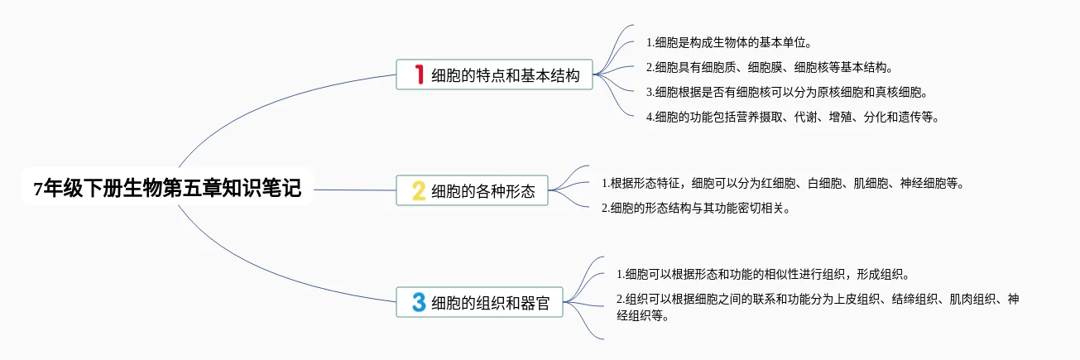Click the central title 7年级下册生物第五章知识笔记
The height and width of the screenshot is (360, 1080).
coord(168,190)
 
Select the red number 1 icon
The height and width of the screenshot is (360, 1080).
coord(419,75)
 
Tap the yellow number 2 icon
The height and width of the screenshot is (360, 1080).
coord(419,192)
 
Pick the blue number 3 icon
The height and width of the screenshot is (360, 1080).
coord(419,302)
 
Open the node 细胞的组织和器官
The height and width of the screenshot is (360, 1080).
coord(497,303)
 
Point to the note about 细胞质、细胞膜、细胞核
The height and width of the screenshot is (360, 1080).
coord(769,67)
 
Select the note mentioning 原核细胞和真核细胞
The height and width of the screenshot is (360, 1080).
coord(786,92)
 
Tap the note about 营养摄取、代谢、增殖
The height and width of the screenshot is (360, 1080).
coord(792,117)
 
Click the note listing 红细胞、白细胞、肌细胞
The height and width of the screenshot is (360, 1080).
coord(782,183)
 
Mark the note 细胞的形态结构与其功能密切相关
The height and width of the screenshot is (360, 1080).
coord(695,208)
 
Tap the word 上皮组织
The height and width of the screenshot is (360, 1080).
coord(828,299)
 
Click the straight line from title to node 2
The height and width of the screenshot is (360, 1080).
coord(356,190)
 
